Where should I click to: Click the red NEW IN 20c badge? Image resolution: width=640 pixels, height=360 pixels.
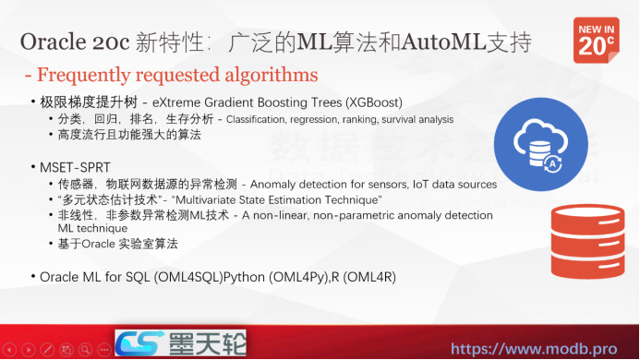click(x=596, y=40)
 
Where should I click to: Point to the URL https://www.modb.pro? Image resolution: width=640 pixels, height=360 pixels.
click(x=539, y=349)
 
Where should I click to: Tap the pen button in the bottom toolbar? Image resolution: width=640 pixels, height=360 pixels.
click(x=48, y=350)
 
